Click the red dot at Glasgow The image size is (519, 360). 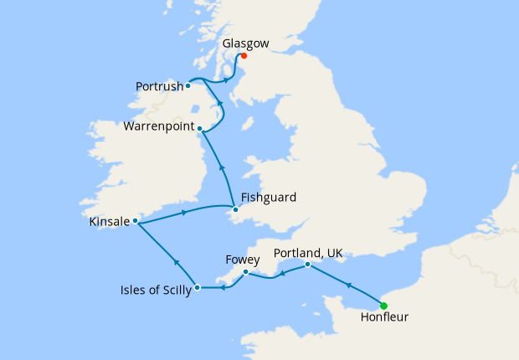click(x=244, y=56)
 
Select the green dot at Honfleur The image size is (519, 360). click(x=383, y=306)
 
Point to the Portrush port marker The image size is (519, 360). click(x=188, y=85)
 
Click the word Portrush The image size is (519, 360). click(x=159, y=85)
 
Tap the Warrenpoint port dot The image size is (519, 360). click(x=199, y=128)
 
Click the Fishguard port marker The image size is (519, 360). click(x=235, y=209)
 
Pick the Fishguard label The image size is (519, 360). click(x=268, y=198)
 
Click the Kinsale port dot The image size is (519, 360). click(x=135, y=221)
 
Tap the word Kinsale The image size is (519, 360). click(x=109, y=222)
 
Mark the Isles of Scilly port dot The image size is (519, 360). click(x=197, y=288)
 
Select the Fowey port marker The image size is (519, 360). click(x=245, y=272)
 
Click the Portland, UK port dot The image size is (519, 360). click(x=308, y=265)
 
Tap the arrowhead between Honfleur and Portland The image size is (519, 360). click(x=347, y=286)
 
